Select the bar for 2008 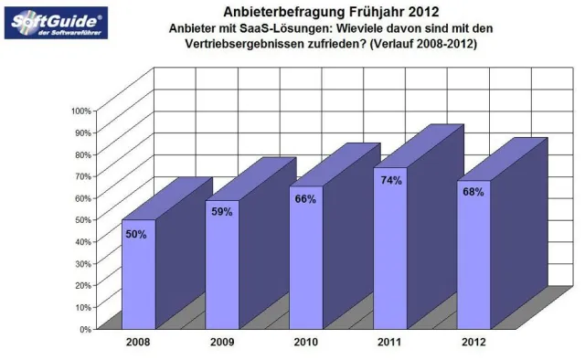pos(139,274)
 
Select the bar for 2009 pos(222,265)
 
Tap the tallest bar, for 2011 pos(390,248)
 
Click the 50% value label pos(136,234)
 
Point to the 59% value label pos(220,213)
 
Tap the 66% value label pos(305,198)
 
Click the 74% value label pos(391,181)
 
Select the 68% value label pos(473,193)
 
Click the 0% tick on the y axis pos(84,328)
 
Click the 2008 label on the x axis pos(140,344)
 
